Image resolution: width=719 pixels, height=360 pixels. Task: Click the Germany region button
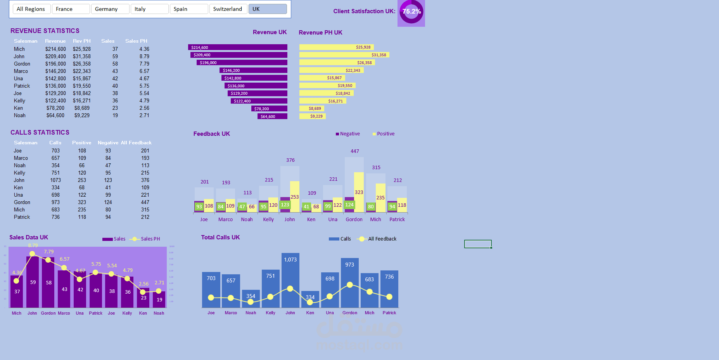coord(110,9)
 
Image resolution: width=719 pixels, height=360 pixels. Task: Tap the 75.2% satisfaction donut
coord(411,12)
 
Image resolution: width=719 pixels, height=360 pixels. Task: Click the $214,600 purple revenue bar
coord(238,47)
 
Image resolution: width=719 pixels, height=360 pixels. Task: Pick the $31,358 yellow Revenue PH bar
coord(344,55)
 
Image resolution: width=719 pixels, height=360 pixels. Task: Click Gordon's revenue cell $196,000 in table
coord(55,64)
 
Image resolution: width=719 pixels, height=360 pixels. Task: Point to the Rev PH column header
coord(81,41)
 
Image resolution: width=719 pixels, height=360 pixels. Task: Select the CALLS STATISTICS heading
coord(40,133)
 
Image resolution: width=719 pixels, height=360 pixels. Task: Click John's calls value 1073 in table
coord(55,180)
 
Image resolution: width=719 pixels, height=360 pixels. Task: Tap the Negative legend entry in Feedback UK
coord(348,134)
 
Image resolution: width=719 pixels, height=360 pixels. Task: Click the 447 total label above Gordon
coord(355,151)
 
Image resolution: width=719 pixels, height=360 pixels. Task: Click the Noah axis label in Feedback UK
coord(247,220)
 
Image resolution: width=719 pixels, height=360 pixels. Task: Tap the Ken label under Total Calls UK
coord(310,313)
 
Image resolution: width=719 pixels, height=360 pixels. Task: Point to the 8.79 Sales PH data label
coord(33,246)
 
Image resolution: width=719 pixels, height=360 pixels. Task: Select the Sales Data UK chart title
coord(29,237)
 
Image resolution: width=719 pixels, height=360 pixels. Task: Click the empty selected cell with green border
coord(478,244)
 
